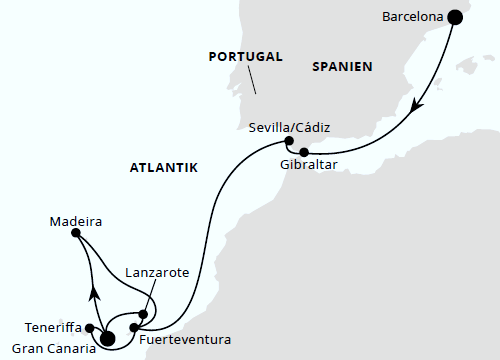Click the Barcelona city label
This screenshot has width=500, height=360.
(x=412, y=16)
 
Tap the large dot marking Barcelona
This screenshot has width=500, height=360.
(x=456, y=16)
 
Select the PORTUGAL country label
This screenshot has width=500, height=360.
(x=246, y=57)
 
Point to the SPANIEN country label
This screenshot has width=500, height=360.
(x=342, y=67)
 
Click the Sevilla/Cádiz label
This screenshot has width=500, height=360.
(x=290, y=126)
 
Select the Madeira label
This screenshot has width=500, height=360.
(x=76, y=221)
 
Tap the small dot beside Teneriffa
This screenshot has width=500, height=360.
(x=90, y=327)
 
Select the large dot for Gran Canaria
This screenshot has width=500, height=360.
(x=107, y=338)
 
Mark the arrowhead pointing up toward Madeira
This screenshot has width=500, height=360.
(x=95, y=292)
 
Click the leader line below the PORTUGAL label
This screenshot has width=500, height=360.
(x=253, y=80)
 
